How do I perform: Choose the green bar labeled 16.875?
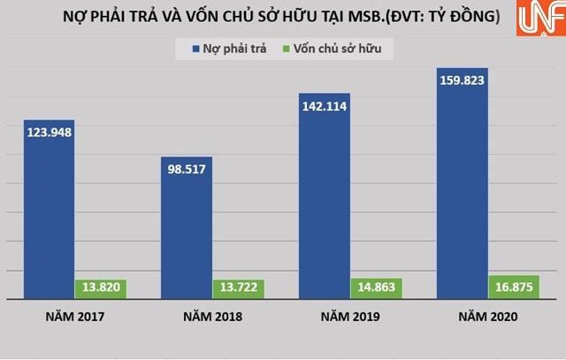(x=514, y=287)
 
